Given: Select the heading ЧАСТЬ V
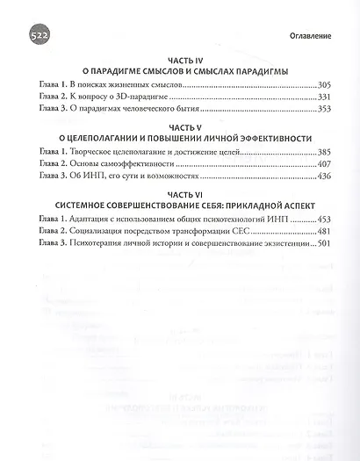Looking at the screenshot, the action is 181,126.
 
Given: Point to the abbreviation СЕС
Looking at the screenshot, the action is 251,234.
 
